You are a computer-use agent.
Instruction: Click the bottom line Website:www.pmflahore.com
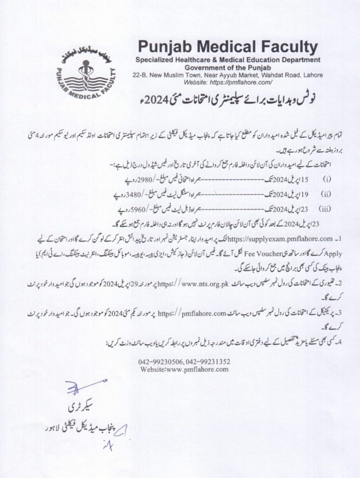pos(184,369)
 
